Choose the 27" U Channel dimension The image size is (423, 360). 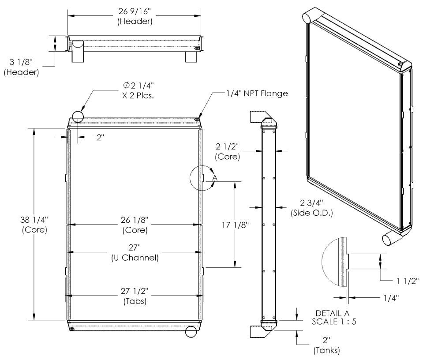pos(134,252)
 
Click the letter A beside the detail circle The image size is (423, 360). pos(215,177)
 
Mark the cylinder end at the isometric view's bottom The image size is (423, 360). pos(388,239)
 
